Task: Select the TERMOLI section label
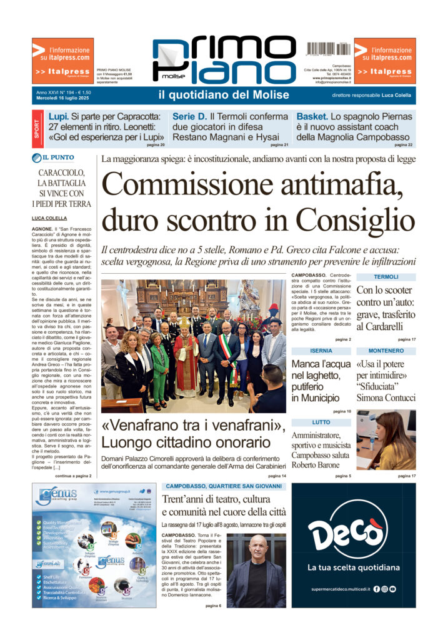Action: (x=386, y=277)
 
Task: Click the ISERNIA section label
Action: (x=321, y=351)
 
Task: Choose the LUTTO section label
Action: (x=321, y=422)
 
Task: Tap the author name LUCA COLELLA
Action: (x=49, y=218)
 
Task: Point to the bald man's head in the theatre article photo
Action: (x=256, y=546)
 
